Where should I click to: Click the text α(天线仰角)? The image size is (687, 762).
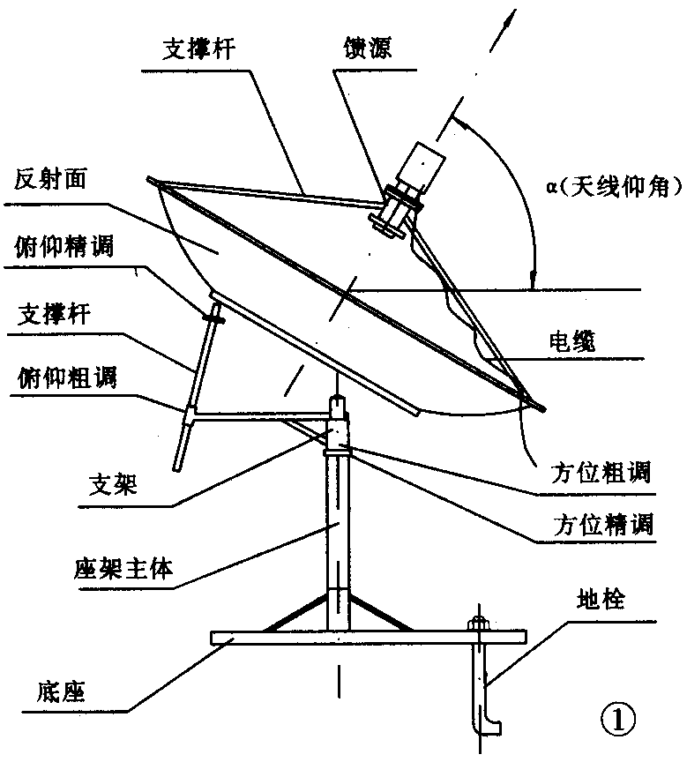click(609, 186)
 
